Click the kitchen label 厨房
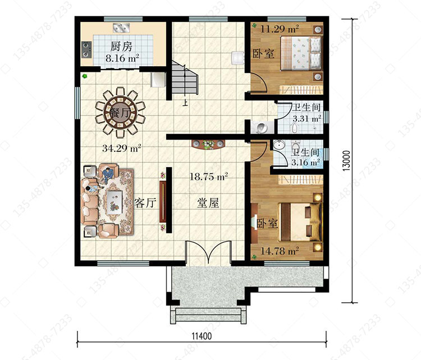point(121,47)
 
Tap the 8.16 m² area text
point(122,58)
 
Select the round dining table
point(120,111)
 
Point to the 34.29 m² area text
point(122,149)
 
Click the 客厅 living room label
point(145,203)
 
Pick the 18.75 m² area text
point(209,177)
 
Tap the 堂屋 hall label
point(208,203)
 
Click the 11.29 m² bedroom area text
point(280,29)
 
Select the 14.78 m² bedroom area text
point(280,251)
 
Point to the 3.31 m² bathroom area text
point(307,118)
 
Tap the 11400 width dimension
point(202,336)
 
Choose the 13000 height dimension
point(346,160)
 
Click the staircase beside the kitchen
point(185,79)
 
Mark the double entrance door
point(208,251)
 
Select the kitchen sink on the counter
point(121,28)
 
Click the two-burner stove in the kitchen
point(86,50)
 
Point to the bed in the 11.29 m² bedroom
point(301,53)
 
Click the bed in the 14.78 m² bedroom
point(301,222)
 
